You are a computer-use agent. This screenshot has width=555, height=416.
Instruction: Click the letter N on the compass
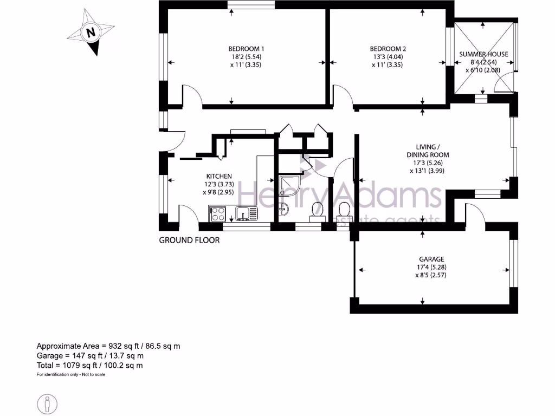(91, 32)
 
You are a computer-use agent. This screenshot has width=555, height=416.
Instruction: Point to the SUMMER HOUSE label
(483, 54)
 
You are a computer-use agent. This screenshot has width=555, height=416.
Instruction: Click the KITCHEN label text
(219, 176)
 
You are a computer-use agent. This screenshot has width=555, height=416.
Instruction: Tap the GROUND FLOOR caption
(189, 240)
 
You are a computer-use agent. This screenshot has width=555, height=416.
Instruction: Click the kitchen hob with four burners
(217, 213)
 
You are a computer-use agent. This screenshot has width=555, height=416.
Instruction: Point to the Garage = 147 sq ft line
(90, 356)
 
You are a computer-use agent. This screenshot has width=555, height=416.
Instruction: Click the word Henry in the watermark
(270, 195)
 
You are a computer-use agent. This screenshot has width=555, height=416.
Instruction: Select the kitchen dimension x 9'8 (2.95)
(219, 192)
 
